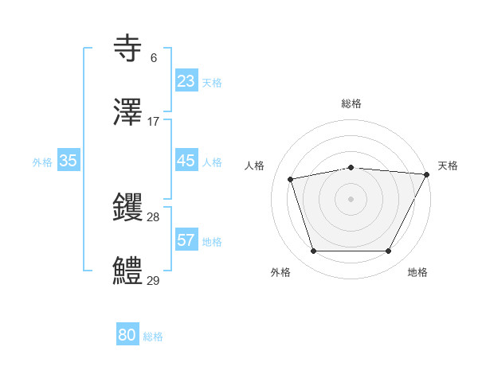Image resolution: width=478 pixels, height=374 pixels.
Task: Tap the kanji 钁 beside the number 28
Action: tap(130, 208)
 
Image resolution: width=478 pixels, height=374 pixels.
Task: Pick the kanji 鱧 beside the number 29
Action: tap(130, 271)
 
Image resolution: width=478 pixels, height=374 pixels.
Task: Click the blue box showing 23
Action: tap(186, 81)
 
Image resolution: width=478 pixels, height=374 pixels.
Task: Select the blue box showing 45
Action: tap(186, 161)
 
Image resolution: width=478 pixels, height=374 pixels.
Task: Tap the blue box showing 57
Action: tap(186, 240)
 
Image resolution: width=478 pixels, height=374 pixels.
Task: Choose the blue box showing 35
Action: tap(69, 161)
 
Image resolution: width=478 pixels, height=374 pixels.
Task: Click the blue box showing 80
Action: tap(127, 335)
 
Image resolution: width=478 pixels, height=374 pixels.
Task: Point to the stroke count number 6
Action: tap(154, 58)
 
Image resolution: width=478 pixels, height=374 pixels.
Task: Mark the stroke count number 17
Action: tap(154, 122)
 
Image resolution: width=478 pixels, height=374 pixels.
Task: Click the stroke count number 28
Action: tap(154, 217)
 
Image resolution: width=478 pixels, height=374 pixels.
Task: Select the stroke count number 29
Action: tap(154, 281)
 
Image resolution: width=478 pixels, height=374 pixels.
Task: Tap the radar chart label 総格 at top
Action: tap(351, 103)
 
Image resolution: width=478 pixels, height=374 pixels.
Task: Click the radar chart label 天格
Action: tap(448, 166)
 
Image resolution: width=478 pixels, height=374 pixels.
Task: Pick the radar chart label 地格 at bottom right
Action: tap(417, 273)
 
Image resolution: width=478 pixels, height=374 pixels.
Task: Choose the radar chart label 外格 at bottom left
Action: tap(280, 273)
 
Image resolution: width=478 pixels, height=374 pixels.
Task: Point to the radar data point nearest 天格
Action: tap(427, 175)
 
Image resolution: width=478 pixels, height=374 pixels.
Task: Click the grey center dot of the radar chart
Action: tap(351, 198)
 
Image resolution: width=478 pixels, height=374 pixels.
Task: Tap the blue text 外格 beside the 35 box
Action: tap(42, 162)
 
